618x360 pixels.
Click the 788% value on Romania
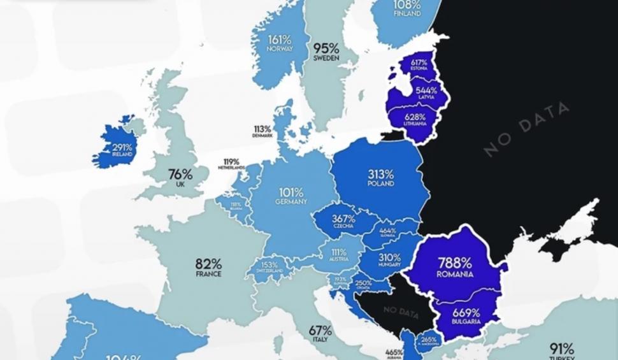[454, 263]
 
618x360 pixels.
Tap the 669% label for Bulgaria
[466, 312]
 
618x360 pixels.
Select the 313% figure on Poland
[380, 174]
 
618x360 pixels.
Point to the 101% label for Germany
[291, 191]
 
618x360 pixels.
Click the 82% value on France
[208, 263]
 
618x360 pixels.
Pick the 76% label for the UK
[180, 174]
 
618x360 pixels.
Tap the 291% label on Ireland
[122, 147]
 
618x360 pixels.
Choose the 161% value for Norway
[280, 38]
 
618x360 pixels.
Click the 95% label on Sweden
[326, 48]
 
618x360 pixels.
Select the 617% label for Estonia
[419, 62]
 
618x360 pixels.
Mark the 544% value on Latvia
[425, 90]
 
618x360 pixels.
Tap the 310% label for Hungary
[389, 258]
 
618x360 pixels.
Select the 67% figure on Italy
[320, 330]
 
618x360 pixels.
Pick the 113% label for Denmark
[262, 129]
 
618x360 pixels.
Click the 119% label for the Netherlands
[231, 162]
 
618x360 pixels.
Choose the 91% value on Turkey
[562, 349]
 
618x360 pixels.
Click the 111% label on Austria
[339, 252]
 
